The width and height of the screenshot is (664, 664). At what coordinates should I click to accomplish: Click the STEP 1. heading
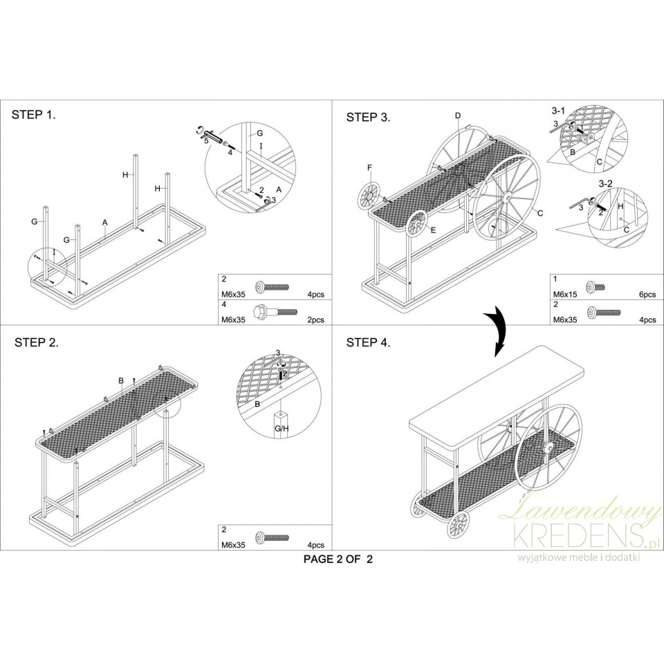33,115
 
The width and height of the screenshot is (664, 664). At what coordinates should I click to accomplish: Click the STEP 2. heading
37,342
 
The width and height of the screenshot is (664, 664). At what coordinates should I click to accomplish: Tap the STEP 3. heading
369,118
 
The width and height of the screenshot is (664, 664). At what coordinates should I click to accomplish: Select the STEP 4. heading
369,342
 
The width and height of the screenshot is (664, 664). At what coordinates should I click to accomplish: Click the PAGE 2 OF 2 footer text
338,559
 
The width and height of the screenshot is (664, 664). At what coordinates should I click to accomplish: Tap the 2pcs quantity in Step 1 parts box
315,320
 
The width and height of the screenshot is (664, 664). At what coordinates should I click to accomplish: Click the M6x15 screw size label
565,295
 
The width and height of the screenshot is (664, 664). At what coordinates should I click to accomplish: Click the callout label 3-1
558,111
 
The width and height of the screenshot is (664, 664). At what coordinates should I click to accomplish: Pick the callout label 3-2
605,184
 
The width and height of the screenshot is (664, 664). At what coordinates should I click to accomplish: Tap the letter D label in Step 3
457,116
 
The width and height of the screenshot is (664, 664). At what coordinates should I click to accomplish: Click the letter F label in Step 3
369,168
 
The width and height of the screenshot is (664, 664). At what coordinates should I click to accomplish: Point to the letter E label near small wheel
433,230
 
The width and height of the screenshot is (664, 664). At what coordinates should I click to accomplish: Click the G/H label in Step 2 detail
282,429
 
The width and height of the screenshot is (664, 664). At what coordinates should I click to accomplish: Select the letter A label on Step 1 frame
105,222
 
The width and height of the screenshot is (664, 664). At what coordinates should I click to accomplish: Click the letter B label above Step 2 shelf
120,380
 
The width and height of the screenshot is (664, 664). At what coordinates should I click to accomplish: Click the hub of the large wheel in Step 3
506,197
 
